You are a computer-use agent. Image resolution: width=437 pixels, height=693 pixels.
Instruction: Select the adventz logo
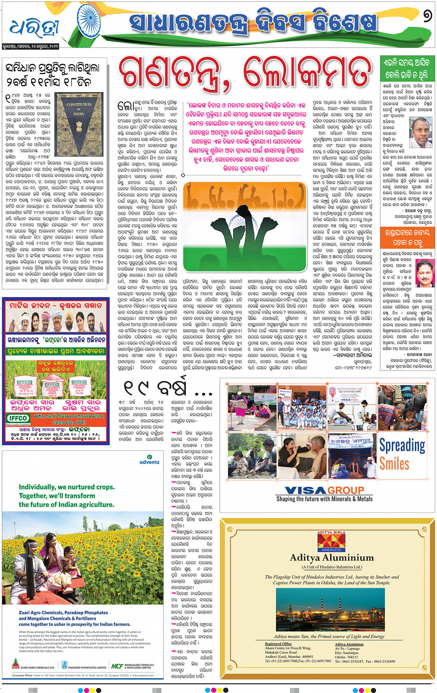[149, 461]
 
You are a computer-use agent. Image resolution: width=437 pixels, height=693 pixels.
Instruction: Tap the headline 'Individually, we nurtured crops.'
[67, 487]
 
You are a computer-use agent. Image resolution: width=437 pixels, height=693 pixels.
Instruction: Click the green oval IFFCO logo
[18, 418]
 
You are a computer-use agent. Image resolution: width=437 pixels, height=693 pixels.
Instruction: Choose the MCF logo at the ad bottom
[117, 666]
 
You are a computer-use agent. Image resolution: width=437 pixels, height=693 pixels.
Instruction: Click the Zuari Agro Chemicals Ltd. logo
[32, 666]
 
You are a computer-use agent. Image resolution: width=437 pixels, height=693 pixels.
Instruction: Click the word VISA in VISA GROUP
[306, 490]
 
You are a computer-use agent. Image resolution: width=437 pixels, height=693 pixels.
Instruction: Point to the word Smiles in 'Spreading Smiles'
[394, 463]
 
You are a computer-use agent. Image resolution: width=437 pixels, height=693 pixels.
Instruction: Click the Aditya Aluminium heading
[332, 557]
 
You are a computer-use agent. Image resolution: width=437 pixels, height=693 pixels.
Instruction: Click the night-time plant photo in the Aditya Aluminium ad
[331, 611]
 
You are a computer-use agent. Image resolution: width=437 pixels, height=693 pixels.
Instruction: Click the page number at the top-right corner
[427, 17]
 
